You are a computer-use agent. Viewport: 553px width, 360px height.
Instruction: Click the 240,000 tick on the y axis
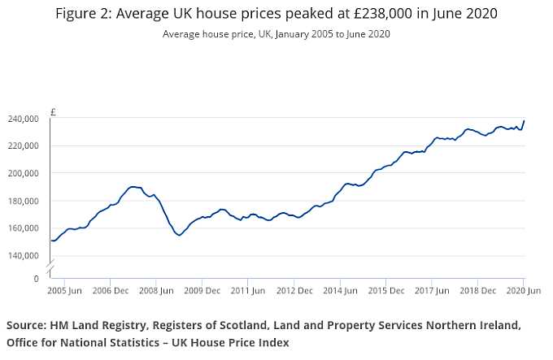tap(24, 119)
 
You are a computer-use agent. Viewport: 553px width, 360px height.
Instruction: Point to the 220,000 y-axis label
tap(24, 146)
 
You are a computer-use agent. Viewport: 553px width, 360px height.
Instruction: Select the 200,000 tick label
tap(24, 173)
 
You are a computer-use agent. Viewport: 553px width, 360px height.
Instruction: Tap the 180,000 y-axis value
tap(24, 201)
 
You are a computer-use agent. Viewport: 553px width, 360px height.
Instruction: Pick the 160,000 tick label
tap(24, 228)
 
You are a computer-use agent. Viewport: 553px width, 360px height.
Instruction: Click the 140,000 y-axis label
tap(24, 255)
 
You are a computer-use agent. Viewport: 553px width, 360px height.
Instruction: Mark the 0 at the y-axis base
tap(36, 278)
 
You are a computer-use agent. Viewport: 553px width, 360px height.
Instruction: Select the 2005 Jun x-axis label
tap(63, 290)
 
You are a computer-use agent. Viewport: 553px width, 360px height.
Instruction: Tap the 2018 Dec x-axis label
tap(477, 290)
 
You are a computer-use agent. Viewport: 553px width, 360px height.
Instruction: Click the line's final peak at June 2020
tap(524, 121)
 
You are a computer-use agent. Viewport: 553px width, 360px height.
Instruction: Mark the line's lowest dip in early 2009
tap(179, 235)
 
